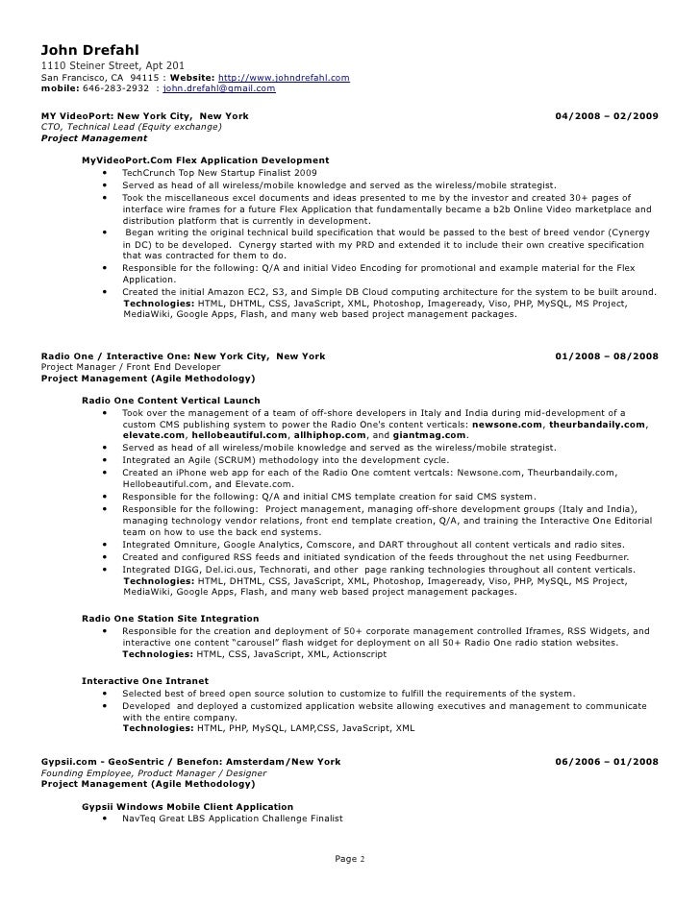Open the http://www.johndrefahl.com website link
click(x=284, y=77)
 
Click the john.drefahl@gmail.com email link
click(x=219, y=88)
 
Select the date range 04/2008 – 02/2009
click(x=607, y=116)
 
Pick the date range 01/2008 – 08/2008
click(x=607, y=356)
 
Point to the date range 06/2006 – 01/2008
click(x=607, y=762)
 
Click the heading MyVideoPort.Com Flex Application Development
click(x=206, y=160)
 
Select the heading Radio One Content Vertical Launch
click(x=170, y=401)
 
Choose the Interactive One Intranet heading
click(x=143, y=681)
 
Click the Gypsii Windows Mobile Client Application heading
click(x=187, y=806)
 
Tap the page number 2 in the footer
click(x=362, y=858)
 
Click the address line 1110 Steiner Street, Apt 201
click(x=113, y=65)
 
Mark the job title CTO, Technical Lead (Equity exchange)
click(x=132, y=127)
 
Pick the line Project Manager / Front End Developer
click(x=131, y=367)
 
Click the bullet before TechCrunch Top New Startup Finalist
click(x=104, y=173)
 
